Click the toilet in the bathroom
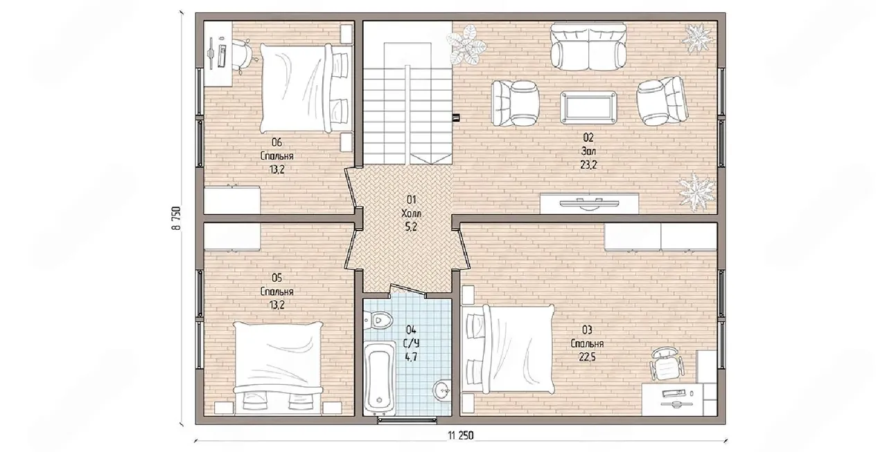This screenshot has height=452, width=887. (x=378, y=320)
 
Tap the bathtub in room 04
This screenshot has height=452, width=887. (x=380, y=379)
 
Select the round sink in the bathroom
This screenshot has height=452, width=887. (x=441, y=390)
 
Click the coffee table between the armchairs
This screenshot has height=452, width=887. (x=588, y=107)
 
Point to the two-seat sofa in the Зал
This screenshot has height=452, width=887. (x=589, y=46)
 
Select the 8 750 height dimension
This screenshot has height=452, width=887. (x=177, y=217)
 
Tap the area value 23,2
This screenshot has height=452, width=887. (x=588, y=165)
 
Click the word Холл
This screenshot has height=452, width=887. (x=411, y=214)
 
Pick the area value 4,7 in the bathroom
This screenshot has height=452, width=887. (x=411, y=357)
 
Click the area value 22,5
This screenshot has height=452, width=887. (x=587, y=357)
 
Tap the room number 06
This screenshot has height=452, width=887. (x=276, y=142)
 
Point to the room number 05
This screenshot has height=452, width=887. (x=276, y=278)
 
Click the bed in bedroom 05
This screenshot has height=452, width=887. (x=278, y=368)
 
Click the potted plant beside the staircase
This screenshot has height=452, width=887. (x=466, y=45)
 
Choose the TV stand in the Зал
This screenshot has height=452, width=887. (x=589, y=204)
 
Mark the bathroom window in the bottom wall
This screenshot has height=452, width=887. (x=407, y=420)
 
